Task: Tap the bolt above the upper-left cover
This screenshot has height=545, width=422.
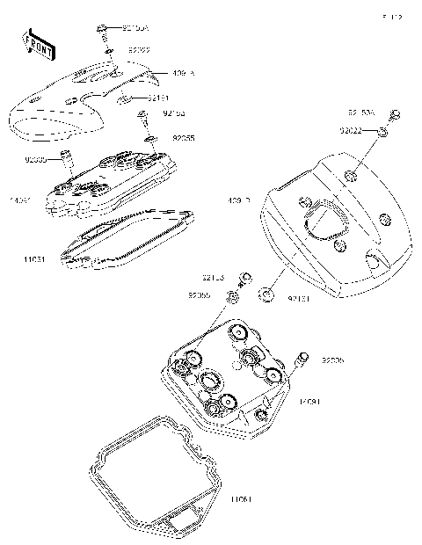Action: (x=103, y=31)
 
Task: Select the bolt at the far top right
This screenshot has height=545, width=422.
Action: (x=395, y=114)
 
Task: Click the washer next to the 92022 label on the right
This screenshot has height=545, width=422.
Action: (x=384, y=132)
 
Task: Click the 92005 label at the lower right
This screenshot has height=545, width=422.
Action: (x=332, y=360)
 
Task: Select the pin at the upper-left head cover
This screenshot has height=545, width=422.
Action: (x=65, y=159)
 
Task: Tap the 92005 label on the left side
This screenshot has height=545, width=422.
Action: (x=35, y=160)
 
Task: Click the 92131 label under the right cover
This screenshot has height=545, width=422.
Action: (x=299, y=300)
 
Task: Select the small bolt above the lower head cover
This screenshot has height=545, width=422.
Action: (x=245, y=279)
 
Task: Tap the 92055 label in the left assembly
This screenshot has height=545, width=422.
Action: (x=182, y=138)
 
